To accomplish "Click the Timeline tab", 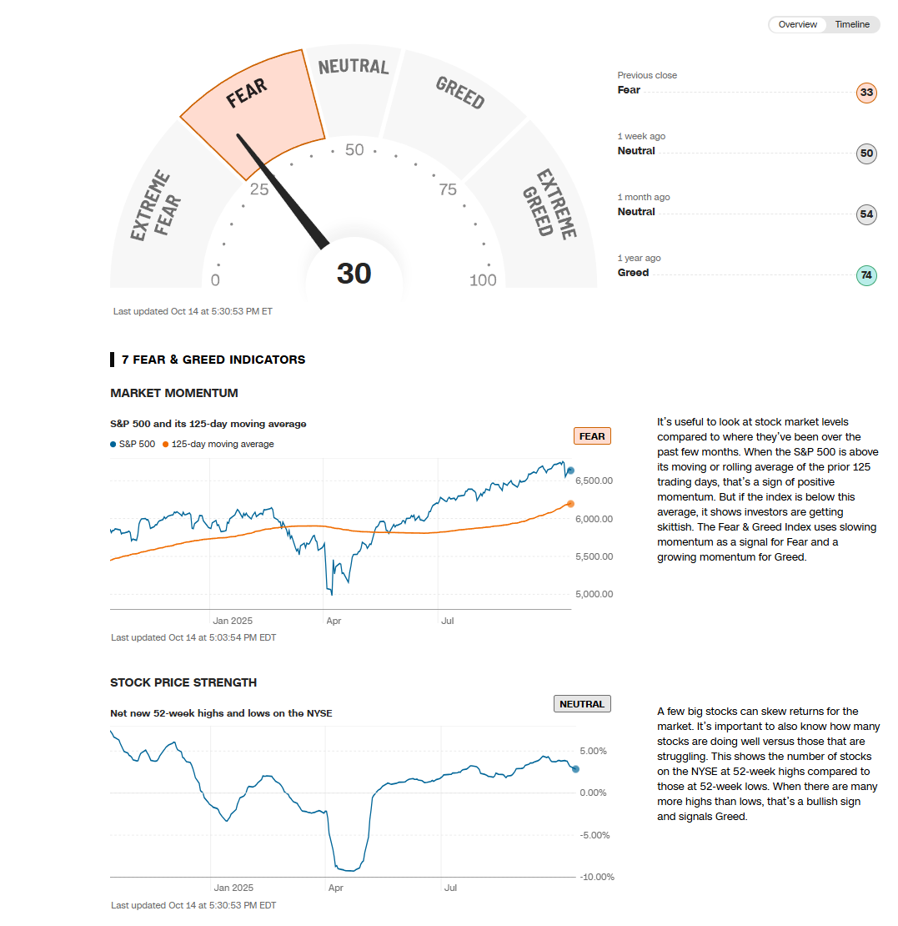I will (x=852, y=24).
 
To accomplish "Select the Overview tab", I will (x=797, y=24).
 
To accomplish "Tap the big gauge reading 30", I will (x=354, y=274).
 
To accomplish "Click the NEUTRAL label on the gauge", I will (x=354, y=67).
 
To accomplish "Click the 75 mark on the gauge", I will (x=448, y=189).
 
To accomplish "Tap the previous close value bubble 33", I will (x=866, y=92).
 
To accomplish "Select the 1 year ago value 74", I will (x=866, y=275).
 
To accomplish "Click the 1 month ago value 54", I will (x=866, y=214).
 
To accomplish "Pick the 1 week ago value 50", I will (x=866, y=153).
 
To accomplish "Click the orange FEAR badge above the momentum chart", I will (x=592, y=436).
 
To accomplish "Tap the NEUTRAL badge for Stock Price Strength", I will (x=582, y=704).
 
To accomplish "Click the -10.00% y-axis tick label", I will (x=596, y=877).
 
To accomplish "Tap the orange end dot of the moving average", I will (x=570, y=504).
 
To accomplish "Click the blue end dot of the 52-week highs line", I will (x=575, y=769).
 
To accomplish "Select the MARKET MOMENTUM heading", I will (x=173, y=393).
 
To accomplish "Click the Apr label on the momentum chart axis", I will (x=334, y=621).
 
